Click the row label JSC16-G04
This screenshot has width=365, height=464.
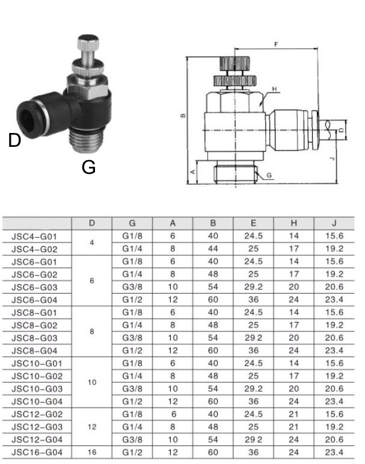38,451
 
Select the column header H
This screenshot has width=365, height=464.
293,223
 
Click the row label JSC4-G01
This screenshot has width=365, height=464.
38,236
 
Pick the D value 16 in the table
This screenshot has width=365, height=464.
92,451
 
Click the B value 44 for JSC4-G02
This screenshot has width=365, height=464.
213,249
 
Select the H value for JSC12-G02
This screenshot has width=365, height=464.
293,413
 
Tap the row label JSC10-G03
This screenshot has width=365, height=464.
38,388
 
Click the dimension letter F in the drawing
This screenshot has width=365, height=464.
275,45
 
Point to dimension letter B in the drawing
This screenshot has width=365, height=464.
183,116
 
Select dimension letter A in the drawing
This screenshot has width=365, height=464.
193,171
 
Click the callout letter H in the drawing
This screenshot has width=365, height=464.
274,89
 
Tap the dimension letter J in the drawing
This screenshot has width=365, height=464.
332,159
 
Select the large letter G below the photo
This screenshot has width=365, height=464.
88,168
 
